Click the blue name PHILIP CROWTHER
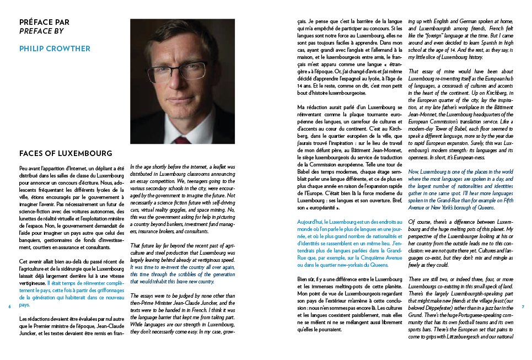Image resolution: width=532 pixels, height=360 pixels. tap(55, 49)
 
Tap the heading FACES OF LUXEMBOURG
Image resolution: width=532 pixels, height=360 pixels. tap(66, 153)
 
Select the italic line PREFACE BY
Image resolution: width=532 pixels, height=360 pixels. tap(41, 31)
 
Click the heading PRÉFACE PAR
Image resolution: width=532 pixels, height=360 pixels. tap(44, 23)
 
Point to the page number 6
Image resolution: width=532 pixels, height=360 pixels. tap(10, 307)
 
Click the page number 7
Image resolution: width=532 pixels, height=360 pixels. tap(522, 307)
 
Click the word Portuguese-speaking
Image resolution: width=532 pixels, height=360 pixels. tap(466, 315)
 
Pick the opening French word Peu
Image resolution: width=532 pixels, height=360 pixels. tap(24, 167)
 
